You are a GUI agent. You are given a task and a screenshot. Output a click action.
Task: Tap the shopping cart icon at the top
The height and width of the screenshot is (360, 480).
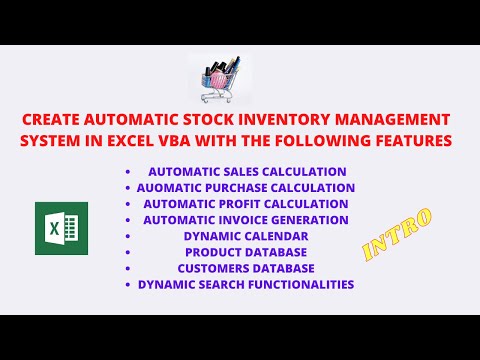click(x=216, y=73)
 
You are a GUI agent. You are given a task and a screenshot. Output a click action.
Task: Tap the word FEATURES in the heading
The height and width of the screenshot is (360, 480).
click(x=408, y=140)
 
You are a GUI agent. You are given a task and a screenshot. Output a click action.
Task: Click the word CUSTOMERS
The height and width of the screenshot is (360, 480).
click(x=217, y=268)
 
